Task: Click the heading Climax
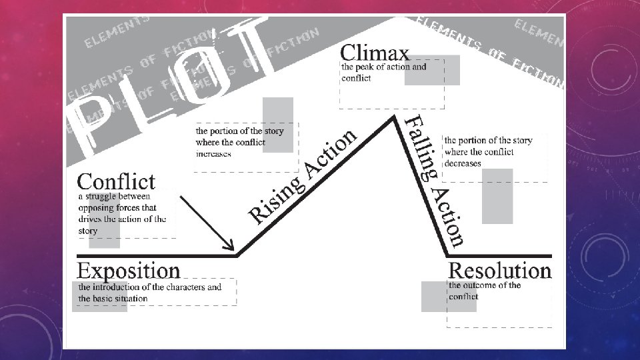375,52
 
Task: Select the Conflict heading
116,181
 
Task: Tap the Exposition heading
129,270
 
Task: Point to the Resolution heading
500,270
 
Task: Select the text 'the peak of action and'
383,67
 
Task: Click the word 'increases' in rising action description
213,153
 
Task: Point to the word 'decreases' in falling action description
463,163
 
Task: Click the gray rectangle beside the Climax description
432,70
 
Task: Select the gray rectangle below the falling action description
497,196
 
